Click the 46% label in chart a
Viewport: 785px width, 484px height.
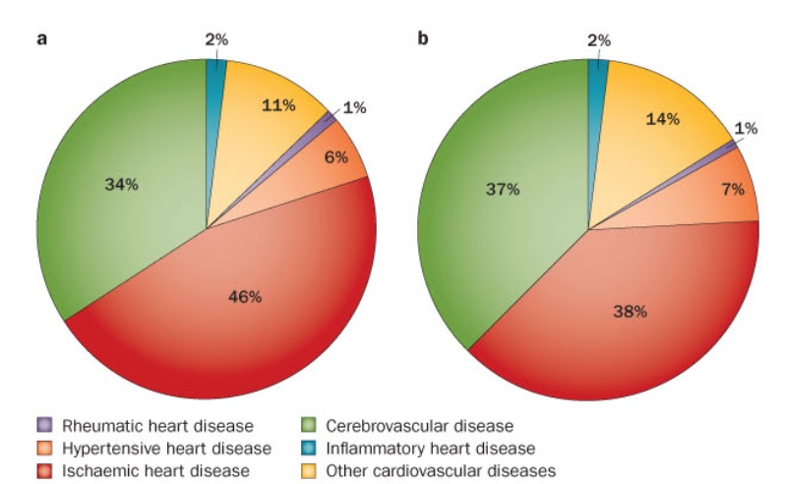(x=245, y=297)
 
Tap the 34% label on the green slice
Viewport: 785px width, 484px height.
(x=122, y=183)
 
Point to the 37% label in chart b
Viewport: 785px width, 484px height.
(x=502, y=190)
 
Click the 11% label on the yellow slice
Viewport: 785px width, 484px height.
(x=278, y=104)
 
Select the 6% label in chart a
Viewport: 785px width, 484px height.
(x=334, y=158)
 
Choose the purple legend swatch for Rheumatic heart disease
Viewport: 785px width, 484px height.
(x=43, y=426)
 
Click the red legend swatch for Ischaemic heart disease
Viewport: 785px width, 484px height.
(x=43, y=470)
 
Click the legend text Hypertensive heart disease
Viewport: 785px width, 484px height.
(x=164, y=449)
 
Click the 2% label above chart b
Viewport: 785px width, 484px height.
(x=598, y=40)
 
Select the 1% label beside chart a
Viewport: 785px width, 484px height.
(x=354, y=108)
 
